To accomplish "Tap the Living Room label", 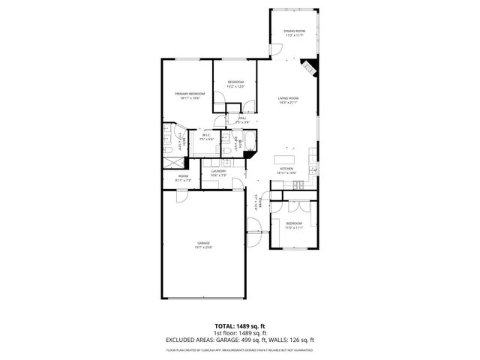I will (289, 100).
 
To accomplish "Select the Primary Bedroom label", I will (190, 95).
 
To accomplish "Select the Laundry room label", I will (219, 172).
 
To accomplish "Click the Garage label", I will (203, 244).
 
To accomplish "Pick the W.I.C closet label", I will (206, 137).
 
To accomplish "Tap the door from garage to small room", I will (181, 194).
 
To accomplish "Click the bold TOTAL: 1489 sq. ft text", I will (240, 326).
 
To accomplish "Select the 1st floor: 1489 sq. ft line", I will (240, 333).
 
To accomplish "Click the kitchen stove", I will (297, 184).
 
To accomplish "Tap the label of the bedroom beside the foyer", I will (294, 225).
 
